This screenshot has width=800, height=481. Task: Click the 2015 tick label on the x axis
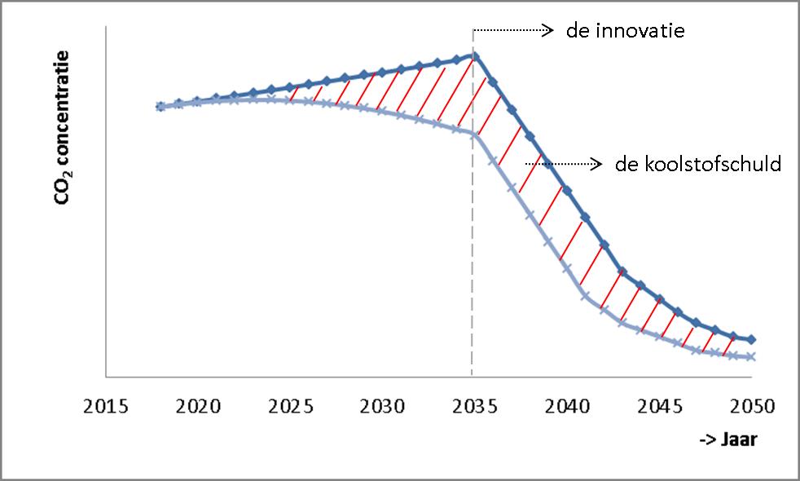click(107, 405)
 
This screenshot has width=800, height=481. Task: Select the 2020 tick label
click(199, 405)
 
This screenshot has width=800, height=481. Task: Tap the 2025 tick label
click(291, 405)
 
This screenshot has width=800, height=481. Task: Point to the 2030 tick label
click(383, 405)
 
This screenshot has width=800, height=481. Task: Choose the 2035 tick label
click(474, 405)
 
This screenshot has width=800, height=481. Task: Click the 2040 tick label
click(566, 405)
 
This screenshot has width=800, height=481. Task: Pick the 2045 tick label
click(658, 405)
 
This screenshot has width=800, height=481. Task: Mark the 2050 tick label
click(750, 405)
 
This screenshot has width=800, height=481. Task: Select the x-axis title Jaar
click(728, 441)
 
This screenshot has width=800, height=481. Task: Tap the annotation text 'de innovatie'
click(626, 32)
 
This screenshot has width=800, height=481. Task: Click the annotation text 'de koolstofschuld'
click(699, 165)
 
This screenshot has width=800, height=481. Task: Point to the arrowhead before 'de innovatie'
click(549, 32)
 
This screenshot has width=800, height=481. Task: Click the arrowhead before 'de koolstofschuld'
click(598, 165)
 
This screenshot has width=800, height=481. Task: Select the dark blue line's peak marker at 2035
click(475, 56)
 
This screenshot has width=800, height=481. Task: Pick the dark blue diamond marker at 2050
click(751, 339)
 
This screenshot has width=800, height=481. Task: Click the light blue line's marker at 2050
click(751, 357)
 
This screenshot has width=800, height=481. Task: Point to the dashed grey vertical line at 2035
click(472, 261)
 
